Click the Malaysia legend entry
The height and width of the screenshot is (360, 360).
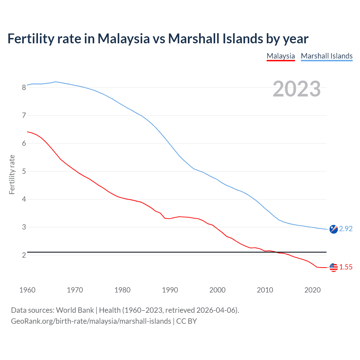(281, 56)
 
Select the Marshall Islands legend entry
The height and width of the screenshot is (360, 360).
(327, 56)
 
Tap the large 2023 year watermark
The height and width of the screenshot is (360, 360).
(297, 89)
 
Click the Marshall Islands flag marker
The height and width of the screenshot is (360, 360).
(333, 229)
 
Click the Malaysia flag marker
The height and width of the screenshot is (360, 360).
(333, 267)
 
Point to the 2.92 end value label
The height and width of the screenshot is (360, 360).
(346, 229)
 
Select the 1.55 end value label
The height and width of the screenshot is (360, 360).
(346, 267)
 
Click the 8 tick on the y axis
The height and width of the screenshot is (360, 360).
(24, 87)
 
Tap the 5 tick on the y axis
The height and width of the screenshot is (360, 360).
(24, 171)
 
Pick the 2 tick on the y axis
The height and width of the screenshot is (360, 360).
(24, 255)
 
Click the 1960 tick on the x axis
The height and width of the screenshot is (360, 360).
(27, 290)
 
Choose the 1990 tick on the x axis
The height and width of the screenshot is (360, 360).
(170, 290)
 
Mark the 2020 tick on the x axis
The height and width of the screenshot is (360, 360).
(312, 290)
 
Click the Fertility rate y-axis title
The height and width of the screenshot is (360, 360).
(12, 174)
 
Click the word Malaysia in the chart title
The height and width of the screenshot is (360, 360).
(123, 39)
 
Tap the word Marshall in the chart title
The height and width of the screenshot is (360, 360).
(194, 39)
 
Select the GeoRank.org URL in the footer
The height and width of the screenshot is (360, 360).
(91, 321)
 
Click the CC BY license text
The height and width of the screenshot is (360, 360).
(186, 321)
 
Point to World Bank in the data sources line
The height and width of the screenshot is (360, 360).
(75, 310)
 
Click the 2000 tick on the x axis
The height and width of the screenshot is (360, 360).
(217, 290)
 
